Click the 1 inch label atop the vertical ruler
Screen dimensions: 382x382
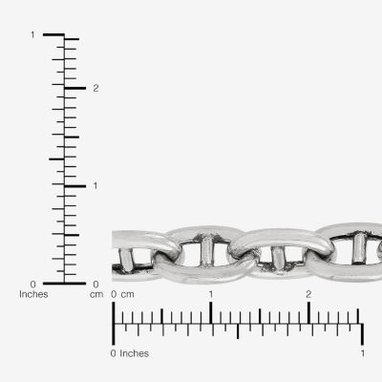click(32, 34)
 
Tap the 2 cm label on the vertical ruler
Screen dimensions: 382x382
click(95, 88)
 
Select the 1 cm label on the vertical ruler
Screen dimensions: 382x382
click(95, 185)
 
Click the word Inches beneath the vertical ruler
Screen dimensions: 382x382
click(33, 294)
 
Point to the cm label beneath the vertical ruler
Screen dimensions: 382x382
click(96, 295)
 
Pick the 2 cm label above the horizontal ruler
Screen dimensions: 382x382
click(308, 294)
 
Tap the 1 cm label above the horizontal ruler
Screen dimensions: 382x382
click(211, 294)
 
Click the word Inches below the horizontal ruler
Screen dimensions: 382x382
click(135, 353)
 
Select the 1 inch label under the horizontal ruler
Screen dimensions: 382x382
click(363, 353)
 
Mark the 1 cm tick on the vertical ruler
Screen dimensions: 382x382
click(75, 186)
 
